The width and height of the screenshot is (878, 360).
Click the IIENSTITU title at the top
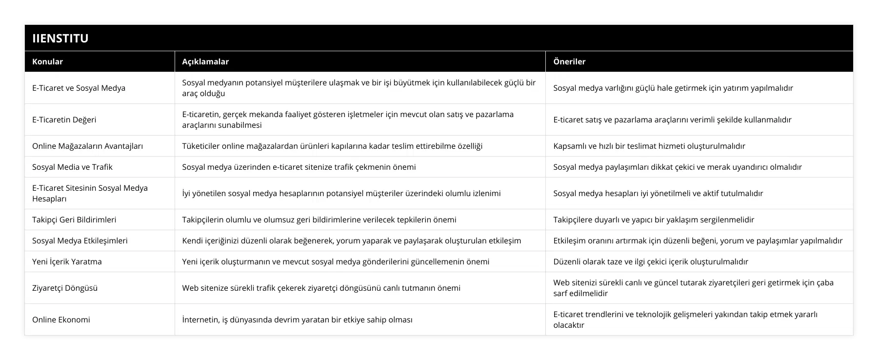tap(60, 38)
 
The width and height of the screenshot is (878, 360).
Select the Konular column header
tap(47, 61)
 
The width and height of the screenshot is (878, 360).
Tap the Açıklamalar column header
tap(205, 61)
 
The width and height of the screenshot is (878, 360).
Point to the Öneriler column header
tap(569, 61)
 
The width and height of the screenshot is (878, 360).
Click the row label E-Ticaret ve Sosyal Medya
tap(79, 88)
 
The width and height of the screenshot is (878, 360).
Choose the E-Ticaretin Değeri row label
tap(64, 120)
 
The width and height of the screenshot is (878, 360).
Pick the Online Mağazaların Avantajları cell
tap(87, 146)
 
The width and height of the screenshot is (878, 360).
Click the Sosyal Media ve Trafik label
tap(72, 167)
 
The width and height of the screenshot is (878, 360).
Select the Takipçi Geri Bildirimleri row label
tap(74, 220)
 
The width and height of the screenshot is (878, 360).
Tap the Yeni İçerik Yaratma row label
tap(67, 261)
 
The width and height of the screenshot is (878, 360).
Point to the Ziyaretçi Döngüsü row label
tap(65, 288)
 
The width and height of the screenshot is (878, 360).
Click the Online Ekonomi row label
tap(61, 320)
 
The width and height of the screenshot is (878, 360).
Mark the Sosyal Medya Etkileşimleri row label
tap(80, 240)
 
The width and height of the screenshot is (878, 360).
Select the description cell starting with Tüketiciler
tap(332, 146)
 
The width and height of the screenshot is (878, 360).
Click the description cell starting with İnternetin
tap(297, 320)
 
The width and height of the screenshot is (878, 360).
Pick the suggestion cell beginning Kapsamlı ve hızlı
tap(649, 146)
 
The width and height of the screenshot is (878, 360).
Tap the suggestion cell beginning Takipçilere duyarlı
tap(654, 220)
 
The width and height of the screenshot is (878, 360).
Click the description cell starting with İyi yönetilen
tap(341, 193)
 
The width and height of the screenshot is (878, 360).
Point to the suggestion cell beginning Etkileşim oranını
tap(698, 240)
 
